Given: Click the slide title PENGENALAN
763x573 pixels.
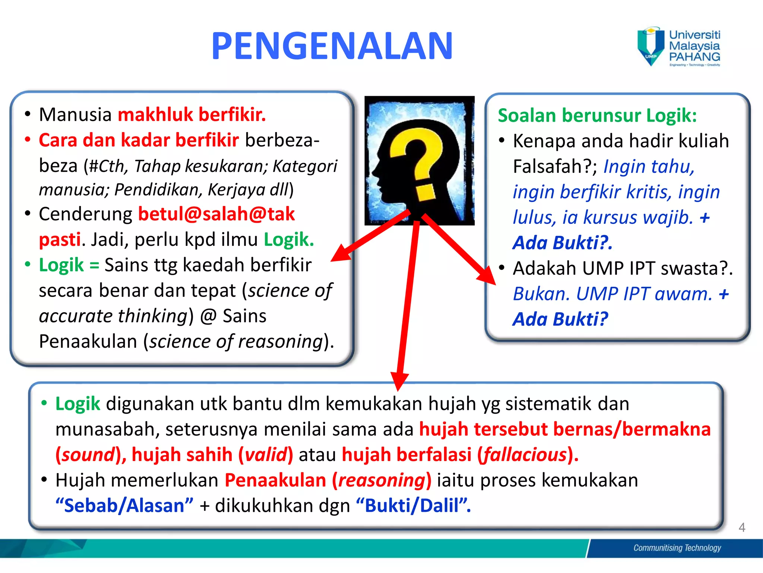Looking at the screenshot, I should tap(332, 46).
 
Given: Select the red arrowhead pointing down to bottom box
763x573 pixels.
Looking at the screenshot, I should tap(399, 381).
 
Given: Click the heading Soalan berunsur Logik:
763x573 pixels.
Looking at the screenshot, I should tap(597, 115).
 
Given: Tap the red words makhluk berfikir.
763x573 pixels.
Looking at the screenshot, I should tap(191, 115).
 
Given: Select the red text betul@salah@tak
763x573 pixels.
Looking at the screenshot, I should tap(216, 214).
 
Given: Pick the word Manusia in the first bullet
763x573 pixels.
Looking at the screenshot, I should tap(75, 115).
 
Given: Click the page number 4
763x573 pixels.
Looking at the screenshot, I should tap(741, 527).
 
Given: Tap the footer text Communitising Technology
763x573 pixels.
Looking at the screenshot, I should tap(677, 548).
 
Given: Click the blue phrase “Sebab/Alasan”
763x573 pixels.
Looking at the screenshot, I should tap(124, 506).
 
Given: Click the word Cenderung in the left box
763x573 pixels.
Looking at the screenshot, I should tap(86, 215).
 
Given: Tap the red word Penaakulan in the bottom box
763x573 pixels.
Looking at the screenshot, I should tap(275, 480).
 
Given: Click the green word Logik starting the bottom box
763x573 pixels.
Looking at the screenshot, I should tap(77, 404).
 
